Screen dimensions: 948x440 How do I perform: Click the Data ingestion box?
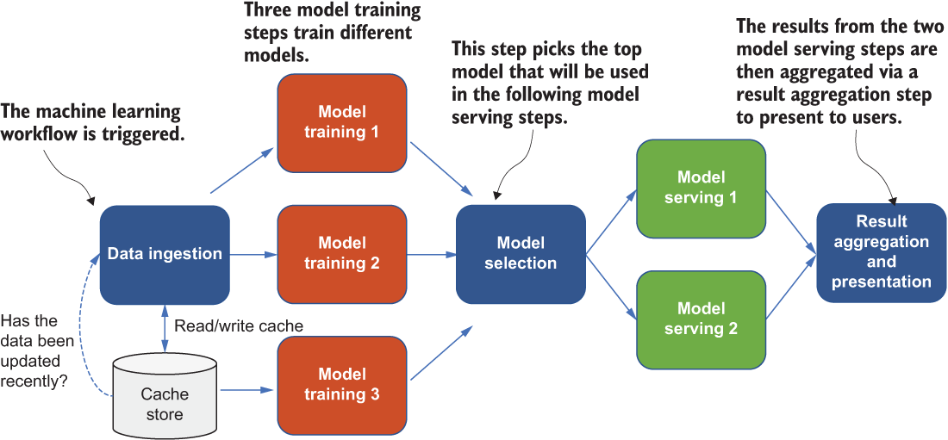(165, 255)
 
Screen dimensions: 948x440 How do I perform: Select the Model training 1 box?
(341, 122)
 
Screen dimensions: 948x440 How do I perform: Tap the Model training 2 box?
(341, 255)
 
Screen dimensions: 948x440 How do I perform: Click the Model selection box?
(521, 254)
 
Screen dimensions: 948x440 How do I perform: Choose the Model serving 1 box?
(701, 189)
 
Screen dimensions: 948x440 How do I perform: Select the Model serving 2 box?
(701, 320)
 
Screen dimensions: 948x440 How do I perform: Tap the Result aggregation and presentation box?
(882, 252)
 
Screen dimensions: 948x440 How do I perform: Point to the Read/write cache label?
(238, 325)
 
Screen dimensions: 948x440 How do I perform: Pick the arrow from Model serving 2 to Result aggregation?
(791, 288)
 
